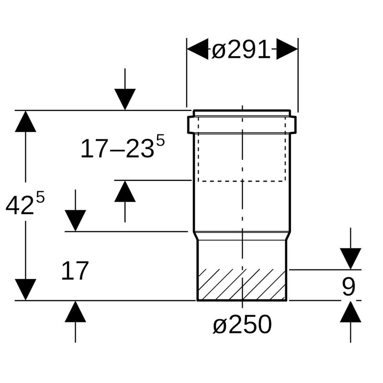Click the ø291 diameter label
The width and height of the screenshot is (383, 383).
pyautogui.click(x=241, y=50)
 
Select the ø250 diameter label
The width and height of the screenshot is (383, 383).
pyautogui.click(x=242, y=325)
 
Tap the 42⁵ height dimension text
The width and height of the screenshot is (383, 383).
pyautogui.click(x=25, y=203)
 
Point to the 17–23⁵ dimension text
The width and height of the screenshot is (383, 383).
pyautogui.click(x=123, y=147)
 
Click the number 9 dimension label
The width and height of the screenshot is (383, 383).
pyautogui.click(x=349, y=286)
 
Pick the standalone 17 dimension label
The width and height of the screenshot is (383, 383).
pyautogui.click(x=75, y=270)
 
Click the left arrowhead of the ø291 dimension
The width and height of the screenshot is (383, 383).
pyautogui.click(x=198, y=49)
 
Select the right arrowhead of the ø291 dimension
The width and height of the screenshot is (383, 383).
pyautogui.click(x=287, y=49)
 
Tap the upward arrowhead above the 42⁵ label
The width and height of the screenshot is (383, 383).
pyautogui.click(x=25, y=122)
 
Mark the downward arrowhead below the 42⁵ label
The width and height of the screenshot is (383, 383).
pyautogui.click(x=25, y=290)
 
